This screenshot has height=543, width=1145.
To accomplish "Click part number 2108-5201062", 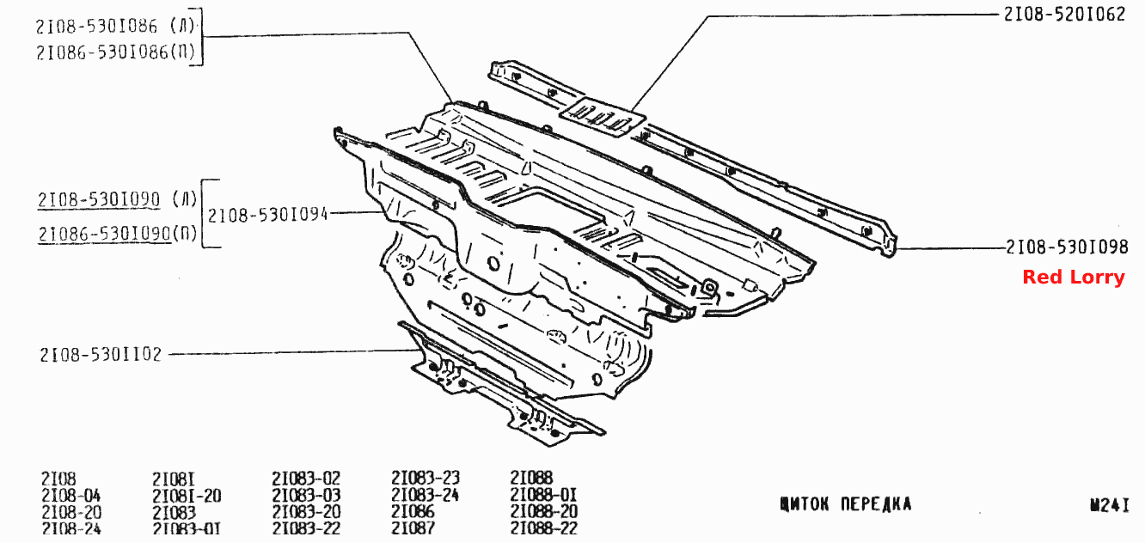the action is (x=1064, y=15).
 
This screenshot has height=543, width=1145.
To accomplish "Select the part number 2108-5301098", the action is (x=1067, y=247).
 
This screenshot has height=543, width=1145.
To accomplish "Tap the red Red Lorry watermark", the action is (x=1074, y=277).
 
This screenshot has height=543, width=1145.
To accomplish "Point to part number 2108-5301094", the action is (x=267, y=215).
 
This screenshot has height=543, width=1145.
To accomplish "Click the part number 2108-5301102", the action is (x=101, y=355).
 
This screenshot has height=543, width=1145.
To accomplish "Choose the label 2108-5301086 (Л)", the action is (x=115, y=26).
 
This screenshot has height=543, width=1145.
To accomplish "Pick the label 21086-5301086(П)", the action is (x=115, y=52).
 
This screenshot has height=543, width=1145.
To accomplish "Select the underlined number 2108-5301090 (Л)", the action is (x=117, y=199).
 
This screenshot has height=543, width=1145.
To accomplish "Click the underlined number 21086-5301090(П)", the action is (x=117, y=234).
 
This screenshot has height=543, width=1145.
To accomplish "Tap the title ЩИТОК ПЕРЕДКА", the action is (x=846, y=504).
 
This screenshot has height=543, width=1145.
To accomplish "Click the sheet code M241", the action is (x=1110, y=504).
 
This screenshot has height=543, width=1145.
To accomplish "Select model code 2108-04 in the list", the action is (x=71, y=496).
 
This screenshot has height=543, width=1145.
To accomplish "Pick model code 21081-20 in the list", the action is (x=187, y=496).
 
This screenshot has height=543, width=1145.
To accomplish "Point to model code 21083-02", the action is (x=306, y=479).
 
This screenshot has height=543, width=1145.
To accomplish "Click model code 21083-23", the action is (x=426, y=478).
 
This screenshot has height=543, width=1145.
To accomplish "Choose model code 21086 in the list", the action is (x=413, y=511).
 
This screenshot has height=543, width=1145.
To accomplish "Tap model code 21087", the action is (x=413, y=528).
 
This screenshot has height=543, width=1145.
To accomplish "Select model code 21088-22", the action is (x=544, y=528).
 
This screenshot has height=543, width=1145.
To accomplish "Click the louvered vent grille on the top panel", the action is (x=602, y=118).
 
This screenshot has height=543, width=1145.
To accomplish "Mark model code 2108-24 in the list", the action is (x=71, y=528).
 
